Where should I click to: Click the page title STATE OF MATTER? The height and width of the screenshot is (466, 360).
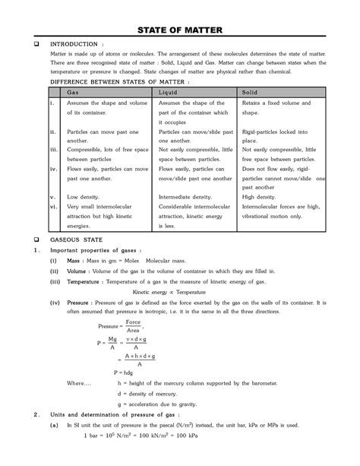tap(179, 30)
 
